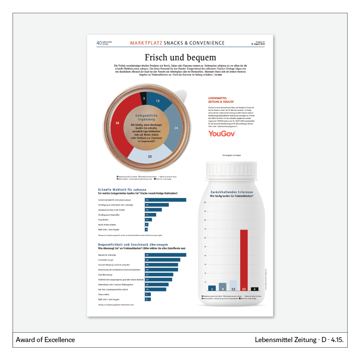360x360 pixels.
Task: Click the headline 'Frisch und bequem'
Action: point(180,57)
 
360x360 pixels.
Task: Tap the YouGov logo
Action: point(221,134)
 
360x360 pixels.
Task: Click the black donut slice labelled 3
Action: point(144,98)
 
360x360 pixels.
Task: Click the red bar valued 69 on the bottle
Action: point(244,260)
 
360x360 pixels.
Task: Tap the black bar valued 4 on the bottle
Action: point(255,289)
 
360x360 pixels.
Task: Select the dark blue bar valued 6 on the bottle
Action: point(212,288)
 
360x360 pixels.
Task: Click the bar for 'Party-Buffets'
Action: point(148,220)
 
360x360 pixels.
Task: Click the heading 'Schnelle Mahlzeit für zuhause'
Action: point(122,189)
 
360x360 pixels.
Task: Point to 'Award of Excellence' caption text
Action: point(45,340)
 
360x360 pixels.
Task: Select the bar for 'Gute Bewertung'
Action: point(159,275)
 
